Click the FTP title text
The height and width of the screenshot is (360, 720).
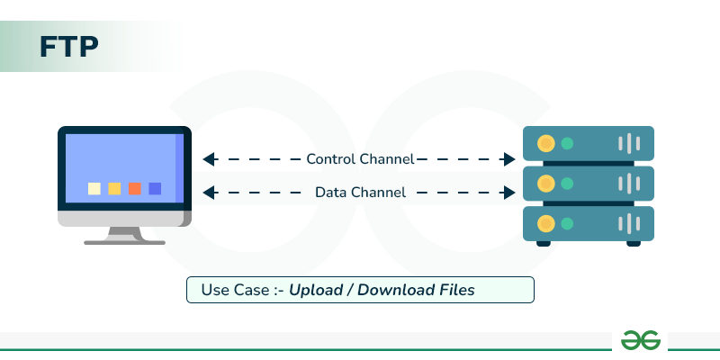tap(68, 47)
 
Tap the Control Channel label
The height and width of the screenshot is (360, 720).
tap(360, 159)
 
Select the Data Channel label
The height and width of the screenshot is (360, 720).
tap(360, 192)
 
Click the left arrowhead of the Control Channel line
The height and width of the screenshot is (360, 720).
tap(209, 159)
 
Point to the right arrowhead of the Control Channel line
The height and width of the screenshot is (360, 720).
tap(508, 159)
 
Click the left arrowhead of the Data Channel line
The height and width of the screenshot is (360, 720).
tap(209, 192)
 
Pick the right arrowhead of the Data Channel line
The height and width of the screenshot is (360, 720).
tap(508, 192)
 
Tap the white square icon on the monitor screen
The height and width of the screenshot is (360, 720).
tap(94, 188)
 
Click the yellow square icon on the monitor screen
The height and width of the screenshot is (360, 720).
tap(114, 188)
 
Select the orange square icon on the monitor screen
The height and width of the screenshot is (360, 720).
tap(135, 188)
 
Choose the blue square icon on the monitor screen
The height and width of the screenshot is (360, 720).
tap(155, 188)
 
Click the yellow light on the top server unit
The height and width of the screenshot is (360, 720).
tap(544, 143)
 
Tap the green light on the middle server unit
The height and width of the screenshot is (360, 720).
tap(567, 183)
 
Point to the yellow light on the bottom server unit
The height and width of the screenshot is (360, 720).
tap(544, 221)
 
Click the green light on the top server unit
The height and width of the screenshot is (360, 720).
tap(567, 143)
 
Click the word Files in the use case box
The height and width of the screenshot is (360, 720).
tap(455, 290)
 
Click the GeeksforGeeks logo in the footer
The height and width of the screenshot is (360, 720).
tap(642, 339)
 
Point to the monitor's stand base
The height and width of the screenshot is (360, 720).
tap(124, 240)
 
